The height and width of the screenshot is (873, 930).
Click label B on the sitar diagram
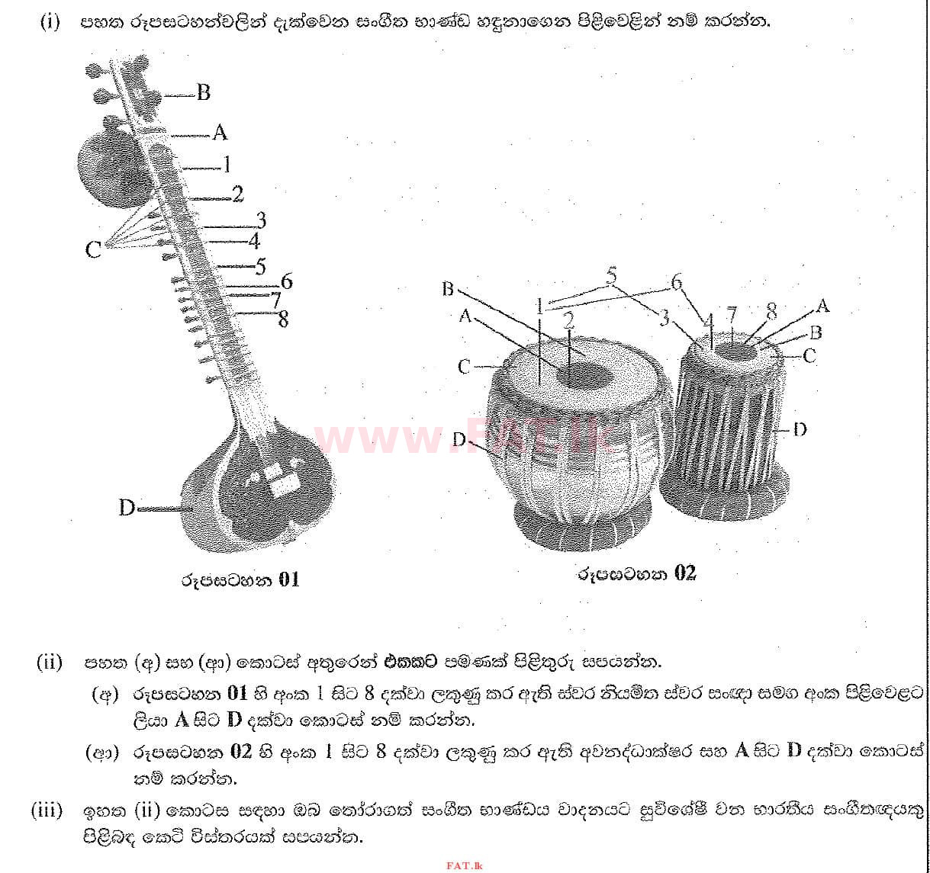(203, 93)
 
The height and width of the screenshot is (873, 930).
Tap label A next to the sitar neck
(220, 133)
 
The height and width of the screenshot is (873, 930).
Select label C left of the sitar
(93, 249)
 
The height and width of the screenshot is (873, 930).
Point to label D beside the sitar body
(127, 507)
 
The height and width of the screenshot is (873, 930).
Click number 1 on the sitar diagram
(226, 164)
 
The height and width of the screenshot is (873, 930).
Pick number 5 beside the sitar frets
(260, 267)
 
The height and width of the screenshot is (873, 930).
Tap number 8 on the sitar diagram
(283, 319)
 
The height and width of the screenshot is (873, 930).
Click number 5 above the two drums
(611, 275)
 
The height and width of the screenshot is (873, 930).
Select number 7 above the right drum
(732, 314)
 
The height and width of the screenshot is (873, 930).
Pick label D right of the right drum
(800, 429)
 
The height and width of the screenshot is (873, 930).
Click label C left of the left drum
(465, 367)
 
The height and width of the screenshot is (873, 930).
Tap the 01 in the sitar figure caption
(289, 579)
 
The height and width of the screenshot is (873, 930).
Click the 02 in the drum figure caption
(685, 573)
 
